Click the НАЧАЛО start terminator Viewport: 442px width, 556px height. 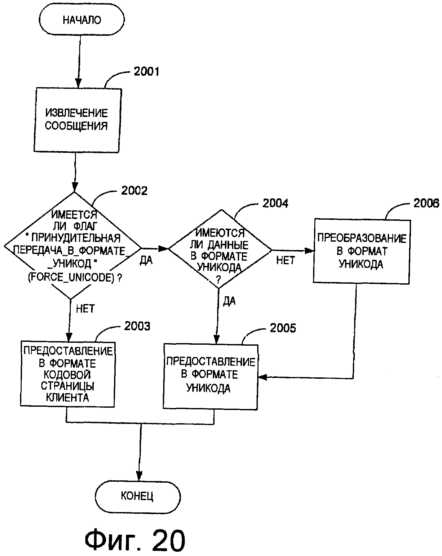pos(82,20)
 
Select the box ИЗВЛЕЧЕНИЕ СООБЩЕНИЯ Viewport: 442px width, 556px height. pos(77,120)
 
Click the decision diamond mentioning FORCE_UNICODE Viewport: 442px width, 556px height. pos(73,246)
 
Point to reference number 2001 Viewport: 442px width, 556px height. pos(146,71)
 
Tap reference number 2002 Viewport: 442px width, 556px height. pos(134,191)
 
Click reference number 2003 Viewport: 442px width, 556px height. pos(137,326)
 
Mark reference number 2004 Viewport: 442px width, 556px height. pos(275,203)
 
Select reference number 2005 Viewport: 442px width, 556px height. pos(283,328)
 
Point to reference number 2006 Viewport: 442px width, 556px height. pos(426,203)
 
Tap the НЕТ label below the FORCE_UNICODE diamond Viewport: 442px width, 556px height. pos(85,309)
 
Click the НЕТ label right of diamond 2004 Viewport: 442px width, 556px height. pos(286,260)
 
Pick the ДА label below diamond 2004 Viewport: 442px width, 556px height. pos(229,301)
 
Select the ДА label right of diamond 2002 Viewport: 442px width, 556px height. pos(146,260)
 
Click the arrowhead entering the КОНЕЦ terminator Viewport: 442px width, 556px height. pos(139,476)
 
